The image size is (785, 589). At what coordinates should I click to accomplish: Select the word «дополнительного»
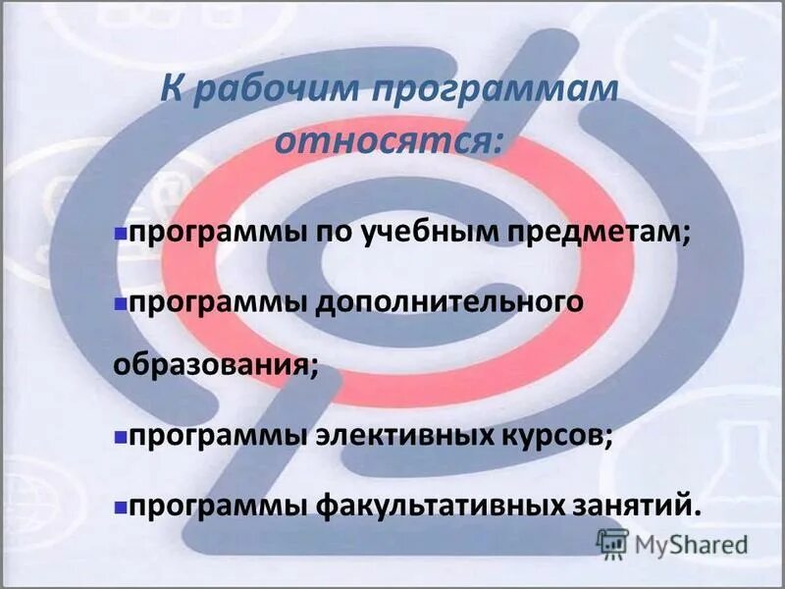click(450, 302)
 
